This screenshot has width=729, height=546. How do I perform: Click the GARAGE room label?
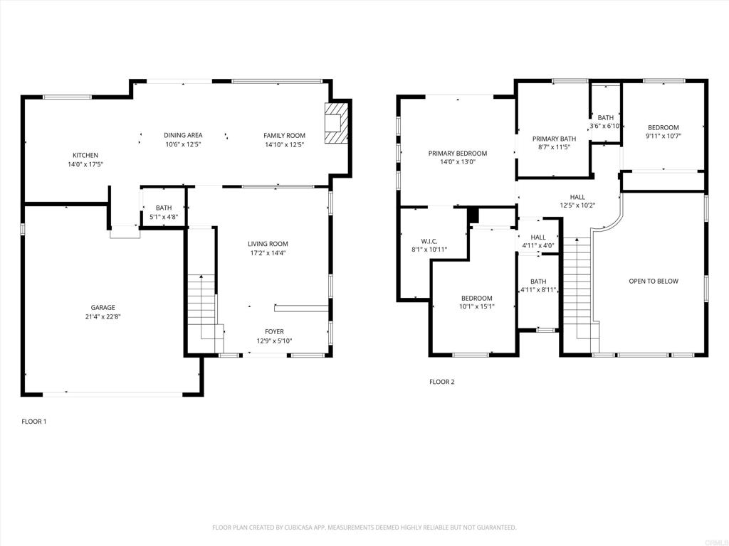coord(103,307)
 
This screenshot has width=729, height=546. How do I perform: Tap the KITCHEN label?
coord(85,155)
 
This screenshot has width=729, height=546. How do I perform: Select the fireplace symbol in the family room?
coord(336,123)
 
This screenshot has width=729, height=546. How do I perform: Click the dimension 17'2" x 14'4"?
coord(268,253)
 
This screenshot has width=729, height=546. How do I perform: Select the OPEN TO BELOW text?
coord(654,281)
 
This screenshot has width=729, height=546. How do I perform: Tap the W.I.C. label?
coord(429,241)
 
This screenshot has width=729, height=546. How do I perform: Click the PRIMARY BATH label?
coord(554,139)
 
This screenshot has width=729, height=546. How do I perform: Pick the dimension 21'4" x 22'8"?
coord(103,316)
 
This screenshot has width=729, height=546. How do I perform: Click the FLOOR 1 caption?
coord(34,422)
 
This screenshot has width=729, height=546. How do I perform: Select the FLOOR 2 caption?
coord(441,382)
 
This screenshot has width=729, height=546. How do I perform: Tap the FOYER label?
coord(274,331)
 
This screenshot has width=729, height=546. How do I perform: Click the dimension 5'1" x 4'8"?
coord(164,217)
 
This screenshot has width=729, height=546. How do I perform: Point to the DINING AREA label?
coord(183,135)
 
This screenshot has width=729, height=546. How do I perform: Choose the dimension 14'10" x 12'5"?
coord(285,144)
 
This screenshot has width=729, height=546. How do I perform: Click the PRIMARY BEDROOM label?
coord(458,154)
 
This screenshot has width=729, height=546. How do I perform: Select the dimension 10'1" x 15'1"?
coord(477,306)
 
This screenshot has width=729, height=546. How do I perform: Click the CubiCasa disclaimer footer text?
coord(364,528)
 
